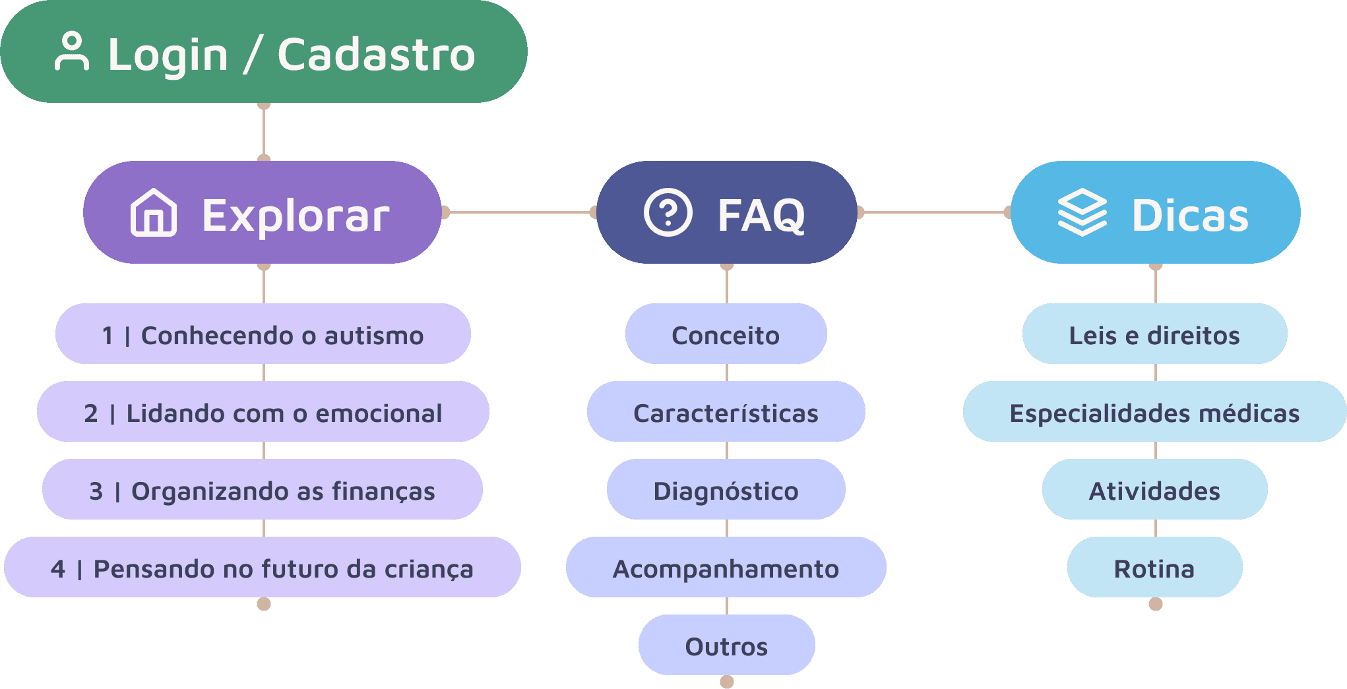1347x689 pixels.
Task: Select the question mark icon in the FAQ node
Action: [668, 212]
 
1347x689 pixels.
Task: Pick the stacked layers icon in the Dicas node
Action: [1082, 212]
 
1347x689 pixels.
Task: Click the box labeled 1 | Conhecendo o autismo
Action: [263, 334]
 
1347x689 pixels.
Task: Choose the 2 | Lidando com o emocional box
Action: [263, 412]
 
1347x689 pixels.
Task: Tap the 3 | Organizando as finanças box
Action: [263, 490]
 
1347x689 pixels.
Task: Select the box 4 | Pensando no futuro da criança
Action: [263, 568]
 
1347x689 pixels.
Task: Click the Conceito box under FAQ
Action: [726, 334]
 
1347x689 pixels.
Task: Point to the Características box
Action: [726, 412]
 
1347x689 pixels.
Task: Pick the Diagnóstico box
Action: [726, 490]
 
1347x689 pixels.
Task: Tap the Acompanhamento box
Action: [726, 568]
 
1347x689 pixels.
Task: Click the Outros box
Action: [726, 645]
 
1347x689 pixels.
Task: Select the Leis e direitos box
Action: [1154, 334]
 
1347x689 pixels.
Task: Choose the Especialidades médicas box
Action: [1154, 412]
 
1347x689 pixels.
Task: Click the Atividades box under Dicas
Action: [1154, 490]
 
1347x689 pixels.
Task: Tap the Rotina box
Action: [1154, 568]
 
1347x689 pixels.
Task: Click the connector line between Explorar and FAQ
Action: [520, 212]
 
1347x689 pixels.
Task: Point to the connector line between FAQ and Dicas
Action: [934, 212]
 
